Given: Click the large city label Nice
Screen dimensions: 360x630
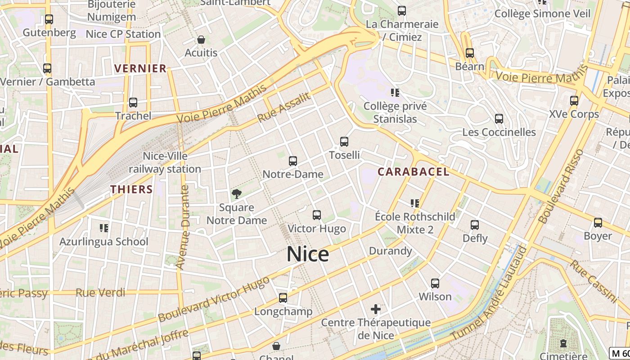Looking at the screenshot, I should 308,254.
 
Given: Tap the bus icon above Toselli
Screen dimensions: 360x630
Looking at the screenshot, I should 344,142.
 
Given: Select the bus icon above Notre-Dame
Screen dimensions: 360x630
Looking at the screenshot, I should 293,161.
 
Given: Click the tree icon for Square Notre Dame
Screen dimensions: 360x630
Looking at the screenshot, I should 236,194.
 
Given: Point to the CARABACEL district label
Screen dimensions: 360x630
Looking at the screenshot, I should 413,171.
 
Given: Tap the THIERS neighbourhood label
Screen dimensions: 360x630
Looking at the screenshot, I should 131,189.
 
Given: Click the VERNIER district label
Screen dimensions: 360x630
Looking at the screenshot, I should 140,68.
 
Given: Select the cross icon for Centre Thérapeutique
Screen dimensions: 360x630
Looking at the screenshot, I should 376,309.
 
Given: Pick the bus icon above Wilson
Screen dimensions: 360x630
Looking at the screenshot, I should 435,283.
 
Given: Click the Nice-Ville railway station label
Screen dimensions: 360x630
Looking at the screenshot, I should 165,162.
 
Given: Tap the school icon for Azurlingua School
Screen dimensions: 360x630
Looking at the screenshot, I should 104,228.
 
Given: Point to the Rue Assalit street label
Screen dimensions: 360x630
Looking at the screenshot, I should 284,108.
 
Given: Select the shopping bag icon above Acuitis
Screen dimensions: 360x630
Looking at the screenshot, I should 201,40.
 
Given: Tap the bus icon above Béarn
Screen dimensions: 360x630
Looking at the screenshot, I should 470,53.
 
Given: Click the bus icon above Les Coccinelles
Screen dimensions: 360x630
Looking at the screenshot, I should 499,119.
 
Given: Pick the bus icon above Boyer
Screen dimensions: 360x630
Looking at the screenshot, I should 598,223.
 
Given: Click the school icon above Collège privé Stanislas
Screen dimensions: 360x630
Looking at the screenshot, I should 395,93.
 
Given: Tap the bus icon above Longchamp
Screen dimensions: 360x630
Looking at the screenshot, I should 283,298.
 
